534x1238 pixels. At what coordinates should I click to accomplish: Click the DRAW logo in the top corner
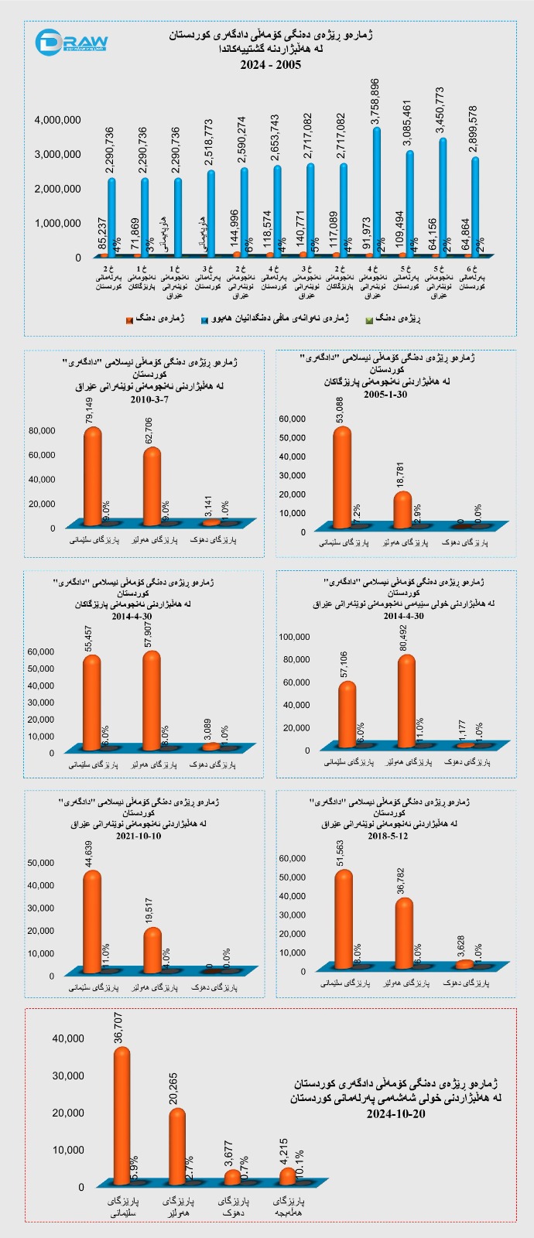point(74,43)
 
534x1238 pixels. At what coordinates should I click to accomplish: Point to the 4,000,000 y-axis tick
point(58,120)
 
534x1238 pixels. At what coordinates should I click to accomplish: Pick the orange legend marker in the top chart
point(129,319)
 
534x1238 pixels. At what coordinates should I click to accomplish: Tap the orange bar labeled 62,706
point(152,485)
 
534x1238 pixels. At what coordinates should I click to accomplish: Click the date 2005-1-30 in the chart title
point(392,394)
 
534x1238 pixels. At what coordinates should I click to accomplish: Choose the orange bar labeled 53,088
point(341,477)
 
